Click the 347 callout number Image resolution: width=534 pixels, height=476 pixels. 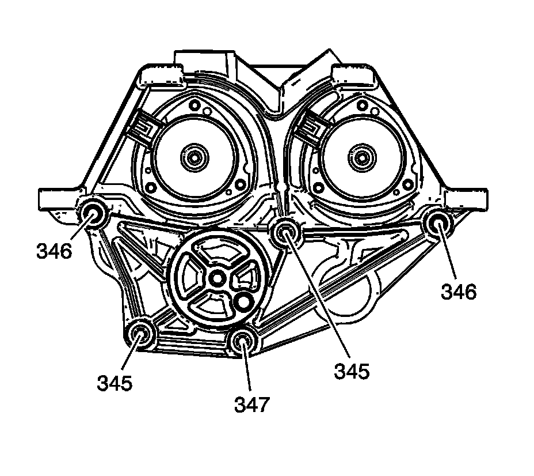[x=251, y=404]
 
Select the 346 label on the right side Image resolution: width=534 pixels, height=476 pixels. [x=459, y=292]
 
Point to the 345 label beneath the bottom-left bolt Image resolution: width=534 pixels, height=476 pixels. [x=115, y=382]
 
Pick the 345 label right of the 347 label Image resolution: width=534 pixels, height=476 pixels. [x=352, y=371]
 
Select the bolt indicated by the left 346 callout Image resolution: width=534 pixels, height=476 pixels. [x=92, y=214]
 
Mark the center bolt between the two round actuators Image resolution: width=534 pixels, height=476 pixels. [x=285, y=233]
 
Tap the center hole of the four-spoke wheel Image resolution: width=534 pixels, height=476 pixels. [x=216, y=278]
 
